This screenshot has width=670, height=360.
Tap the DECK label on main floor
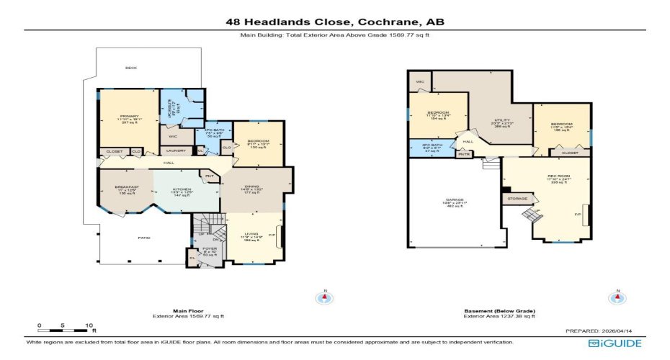tap(130, 68)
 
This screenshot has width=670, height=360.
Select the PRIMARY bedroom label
tap(130, 116)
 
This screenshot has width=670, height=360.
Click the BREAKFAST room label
tap(126, 186)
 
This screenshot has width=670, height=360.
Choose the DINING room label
tap(251, 185)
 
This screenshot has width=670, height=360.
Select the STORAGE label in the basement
tap(517, 198)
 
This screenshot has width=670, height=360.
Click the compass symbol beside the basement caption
tap(616, 297)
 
